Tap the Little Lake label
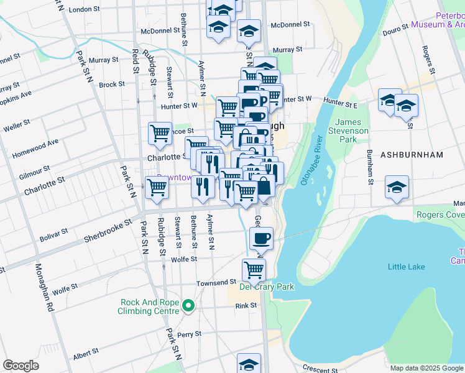406,267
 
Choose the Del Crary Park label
257,287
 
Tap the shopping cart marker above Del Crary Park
254,269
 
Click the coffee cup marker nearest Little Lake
261,237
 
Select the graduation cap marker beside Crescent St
249,363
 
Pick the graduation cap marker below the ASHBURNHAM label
397,187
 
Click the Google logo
21,366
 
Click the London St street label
85,10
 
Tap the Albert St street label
86,356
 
